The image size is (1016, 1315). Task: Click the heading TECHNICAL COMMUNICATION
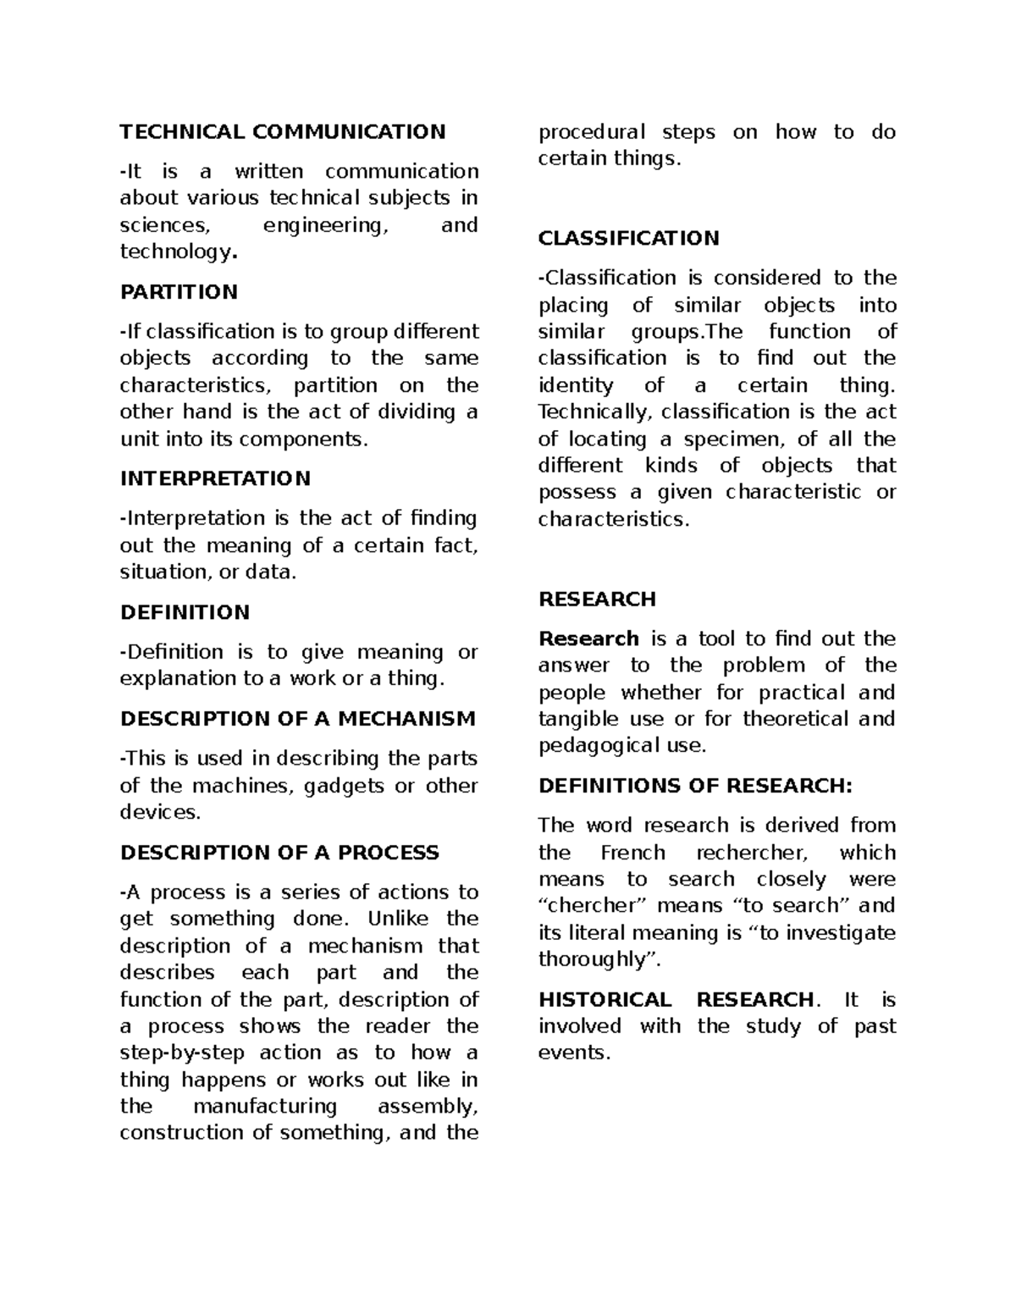[x=282, y=131]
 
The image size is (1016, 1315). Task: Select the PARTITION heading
[x=179, y=292]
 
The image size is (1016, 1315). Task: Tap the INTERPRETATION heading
[x=215, y=478]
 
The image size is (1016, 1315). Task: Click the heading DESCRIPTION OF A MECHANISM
[x=297, y=719]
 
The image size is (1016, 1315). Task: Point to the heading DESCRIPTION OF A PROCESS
[x=279, y=852]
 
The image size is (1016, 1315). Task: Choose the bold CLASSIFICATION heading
[x=628, y=238]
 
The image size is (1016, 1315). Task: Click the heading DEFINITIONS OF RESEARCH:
[x=695, y=786]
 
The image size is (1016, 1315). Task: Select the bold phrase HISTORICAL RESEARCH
[x=676, y=1000]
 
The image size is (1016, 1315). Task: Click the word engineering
[x=323, y=225]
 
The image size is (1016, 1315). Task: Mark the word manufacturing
[x=265, y=1107]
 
